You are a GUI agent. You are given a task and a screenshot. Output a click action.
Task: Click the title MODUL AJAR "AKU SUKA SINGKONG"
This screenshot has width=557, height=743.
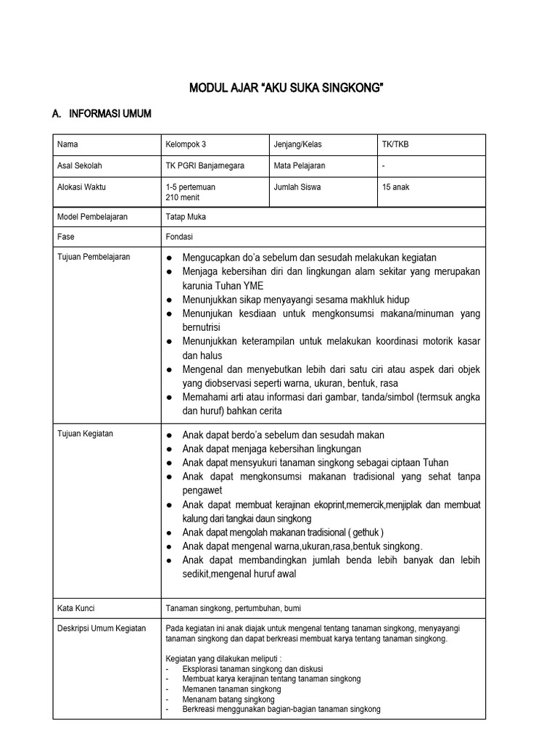coord(286,89)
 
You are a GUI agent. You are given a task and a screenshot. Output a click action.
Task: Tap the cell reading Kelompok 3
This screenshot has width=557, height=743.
coord(185,144)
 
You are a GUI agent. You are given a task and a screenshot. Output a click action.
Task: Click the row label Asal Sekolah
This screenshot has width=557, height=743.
coord(81,165)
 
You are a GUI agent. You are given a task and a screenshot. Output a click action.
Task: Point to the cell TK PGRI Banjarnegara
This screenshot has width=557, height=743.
coord(205,165)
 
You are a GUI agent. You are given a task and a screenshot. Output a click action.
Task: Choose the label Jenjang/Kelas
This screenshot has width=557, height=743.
coord(299,144)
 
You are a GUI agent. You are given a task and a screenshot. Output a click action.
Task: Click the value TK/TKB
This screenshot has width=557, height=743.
coord(395,144)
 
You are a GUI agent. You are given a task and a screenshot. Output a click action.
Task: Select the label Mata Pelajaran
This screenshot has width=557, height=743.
coord(300,165)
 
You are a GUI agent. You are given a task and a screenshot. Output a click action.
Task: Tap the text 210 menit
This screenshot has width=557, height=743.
coord(181,197)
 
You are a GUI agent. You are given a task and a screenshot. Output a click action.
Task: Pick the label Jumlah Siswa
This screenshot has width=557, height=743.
coord(297,186)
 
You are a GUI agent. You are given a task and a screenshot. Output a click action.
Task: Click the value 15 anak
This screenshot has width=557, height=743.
coord(396,186)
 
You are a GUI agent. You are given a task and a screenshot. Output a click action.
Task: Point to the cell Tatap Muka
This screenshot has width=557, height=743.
coord(186,216)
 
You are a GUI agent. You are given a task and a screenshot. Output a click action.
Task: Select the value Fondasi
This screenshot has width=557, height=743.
coord(179,237)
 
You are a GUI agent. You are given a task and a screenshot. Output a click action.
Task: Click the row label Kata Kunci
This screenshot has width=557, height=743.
coord(76,607)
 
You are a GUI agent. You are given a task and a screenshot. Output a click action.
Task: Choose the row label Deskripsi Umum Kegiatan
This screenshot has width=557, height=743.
coord(102,628)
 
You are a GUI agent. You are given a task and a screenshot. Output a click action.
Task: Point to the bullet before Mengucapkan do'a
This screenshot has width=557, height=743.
coord(169,258)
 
